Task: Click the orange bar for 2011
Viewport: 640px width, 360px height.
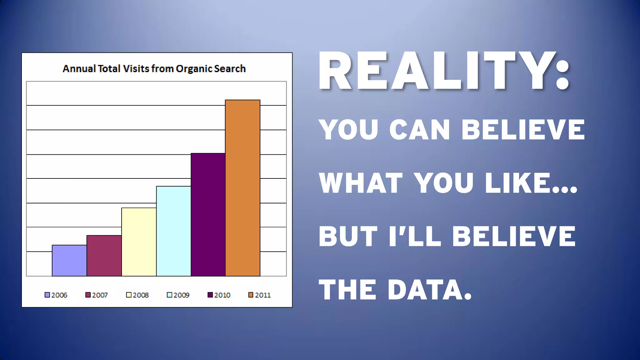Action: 242,188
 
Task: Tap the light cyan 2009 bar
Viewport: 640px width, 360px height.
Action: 173,231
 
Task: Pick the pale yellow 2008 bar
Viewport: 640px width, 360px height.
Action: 139,242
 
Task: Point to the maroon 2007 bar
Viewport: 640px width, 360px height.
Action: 104,256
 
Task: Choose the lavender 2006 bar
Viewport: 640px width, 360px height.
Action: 69,261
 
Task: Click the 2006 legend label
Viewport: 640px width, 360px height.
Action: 59,295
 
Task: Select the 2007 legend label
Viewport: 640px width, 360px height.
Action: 100,295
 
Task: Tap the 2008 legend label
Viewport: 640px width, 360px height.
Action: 141,295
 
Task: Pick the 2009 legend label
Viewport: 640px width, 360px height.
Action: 181,295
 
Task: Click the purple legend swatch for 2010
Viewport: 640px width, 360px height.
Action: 210,295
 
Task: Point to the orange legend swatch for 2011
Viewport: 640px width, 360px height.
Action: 251,295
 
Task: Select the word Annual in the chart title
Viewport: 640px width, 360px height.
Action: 79,69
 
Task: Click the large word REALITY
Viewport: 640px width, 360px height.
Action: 437,71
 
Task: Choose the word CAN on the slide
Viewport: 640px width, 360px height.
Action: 420,130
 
